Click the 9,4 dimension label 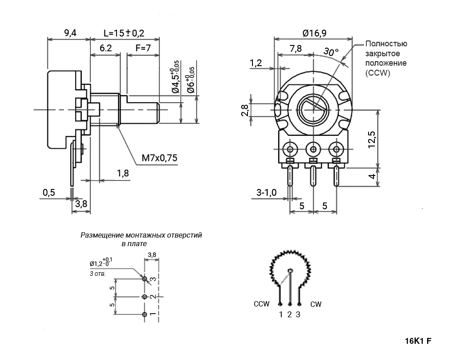coord(70,33)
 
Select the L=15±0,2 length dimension coord(124,33)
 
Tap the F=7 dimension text coord(143,48)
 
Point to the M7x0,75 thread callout coord(160,158)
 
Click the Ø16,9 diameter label coord(315,33)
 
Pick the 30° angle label coord(331,52)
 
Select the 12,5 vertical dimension coord(372,139)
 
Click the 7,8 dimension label coord(296,49)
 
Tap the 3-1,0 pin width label coord(266,192)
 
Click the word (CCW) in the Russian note coord(378,73)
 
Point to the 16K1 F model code coord(418,341)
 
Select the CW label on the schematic coord(316,304)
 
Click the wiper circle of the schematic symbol coord(290,270)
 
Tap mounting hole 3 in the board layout coord(144,279)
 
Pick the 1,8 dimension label coord(123,173)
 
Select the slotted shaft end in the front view coord(313,109)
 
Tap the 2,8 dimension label coord(245,110)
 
